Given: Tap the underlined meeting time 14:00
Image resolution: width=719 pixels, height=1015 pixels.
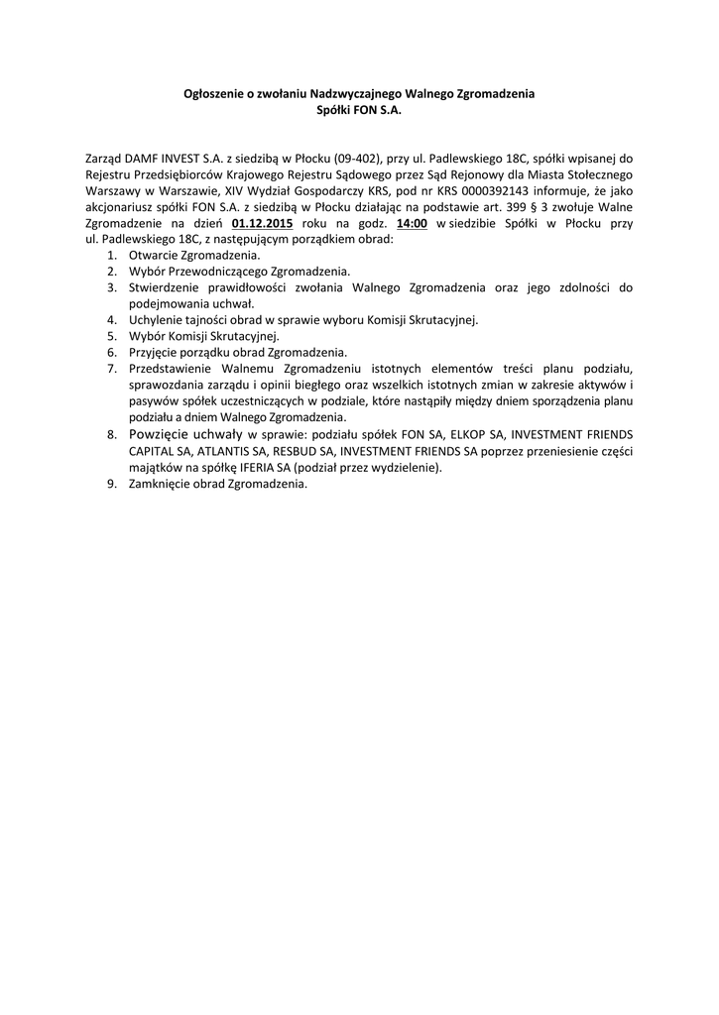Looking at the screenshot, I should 412,224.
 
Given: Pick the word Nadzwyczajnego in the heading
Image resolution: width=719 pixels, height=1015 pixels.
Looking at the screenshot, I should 357,93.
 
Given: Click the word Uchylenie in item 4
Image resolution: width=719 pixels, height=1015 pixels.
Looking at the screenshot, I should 153,319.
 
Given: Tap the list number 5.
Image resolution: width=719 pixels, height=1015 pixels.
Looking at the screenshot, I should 112,335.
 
